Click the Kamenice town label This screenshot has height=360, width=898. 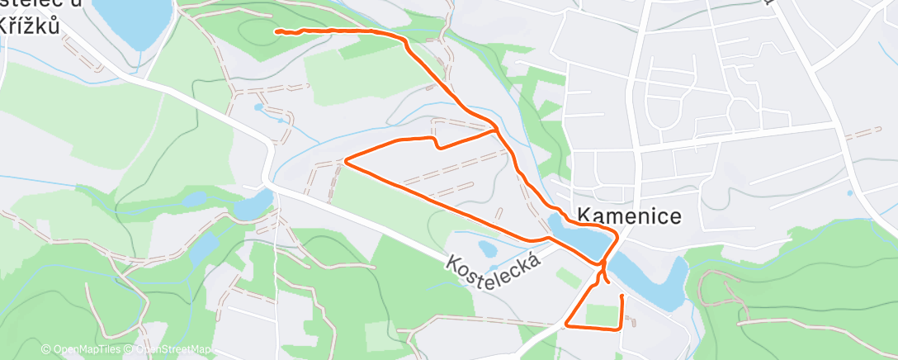(629, 216)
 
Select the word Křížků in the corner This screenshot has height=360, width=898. (31, 26)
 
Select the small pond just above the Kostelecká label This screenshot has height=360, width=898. (488, 249)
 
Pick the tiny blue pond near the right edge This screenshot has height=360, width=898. (849, 193)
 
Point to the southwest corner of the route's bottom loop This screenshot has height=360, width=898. (566, 325)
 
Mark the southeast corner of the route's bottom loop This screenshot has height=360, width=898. (619, 329)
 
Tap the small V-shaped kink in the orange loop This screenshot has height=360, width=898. (437, 147)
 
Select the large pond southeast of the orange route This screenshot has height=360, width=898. (652, 277)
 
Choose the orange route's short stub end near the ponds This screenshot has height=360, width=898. (608, 282)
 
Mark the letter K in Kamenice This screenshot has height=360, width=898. (584, 216)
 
